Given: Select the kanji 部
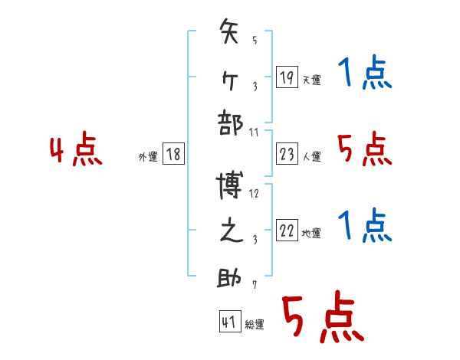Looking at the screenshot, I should pos(230,123).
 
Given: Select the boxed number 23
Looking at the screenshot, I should pos(287,154).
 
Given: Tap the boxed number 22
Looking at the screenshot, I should pos(287,231).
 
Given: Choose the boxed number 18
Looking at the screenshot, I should pos(173,154).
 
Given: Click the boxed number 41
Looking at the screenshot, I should pos(228,322).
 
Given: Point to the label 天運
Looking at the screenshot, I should pos(310,80).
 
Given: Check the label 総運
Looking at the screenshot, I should pos(255,325).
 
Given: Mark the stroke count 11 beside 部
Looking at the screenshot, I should pos(255,132).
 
